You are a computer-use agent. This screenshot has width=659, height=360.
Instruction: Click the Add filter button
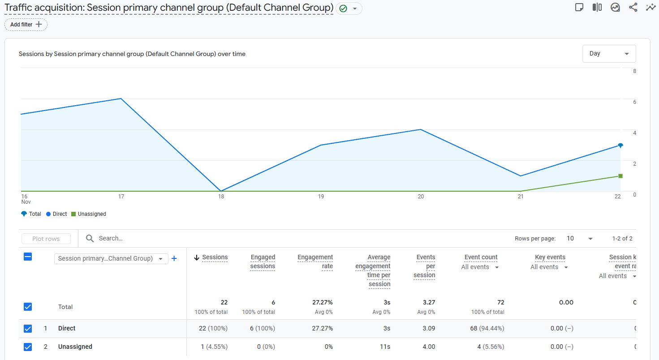pyautogui.click(x=26, y=25)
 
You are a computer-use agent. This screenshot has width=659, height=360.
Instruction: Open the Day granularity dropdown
pyautogui.click(x=609, y=54)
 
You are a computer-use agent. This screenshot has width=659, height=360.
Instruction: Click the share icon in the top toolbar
pyautogui.click(x=633, y=8)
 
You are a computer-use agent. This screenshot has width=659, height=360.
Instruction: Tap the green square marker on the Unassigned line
pyautogui.click(x=620, y=176)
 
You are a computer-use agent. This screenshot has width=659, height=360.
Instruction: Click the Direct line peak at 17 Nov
pyautogui.click(x=121, y=99)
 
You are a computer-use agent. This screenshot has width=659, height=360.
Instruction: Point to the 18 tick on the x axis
pyautogui.click(x=221, y=197)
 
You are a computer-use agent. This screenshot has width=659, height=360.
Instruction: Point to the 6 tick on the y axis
pyautogui.click(x=634, y=102)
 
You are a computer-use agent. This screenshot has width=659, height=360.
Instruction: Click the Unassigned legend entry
pyautogui.click(x=89, y=214)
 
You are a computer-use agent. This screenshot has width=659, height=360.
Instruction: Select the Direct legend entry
pyautogui.click(x=56, y=214)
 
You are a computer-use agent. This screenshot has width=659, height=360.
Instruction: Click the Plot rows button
pyautogui.click(x=46, y=239)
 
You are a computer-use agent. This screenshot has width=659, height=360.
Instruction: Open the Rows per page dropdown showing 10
pyautogui.click(x=579, y=239)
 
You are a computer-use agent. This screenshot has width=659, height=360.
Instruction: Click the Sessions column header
pyautogui.click(x=215, y=257)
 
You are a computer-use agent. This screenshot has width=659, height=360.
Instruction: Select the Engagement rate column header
pyautogui.click(x=315, y=261)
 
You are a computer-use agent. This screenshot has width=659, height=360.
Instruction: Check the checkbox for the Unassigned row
pyautogui.click(x=28, y=347)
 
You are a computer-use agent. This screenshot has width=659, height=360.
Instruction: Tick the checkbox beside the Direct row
pyautogui.click(x=28, y=329)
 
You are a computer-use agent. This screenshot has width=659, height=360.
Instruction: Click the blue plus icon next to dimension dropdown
pyautogui.click(x=174, y=258)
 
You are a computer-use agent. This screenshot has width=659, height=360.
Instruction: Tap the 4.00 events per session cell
pyautogui.click(x=428, y=347)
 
